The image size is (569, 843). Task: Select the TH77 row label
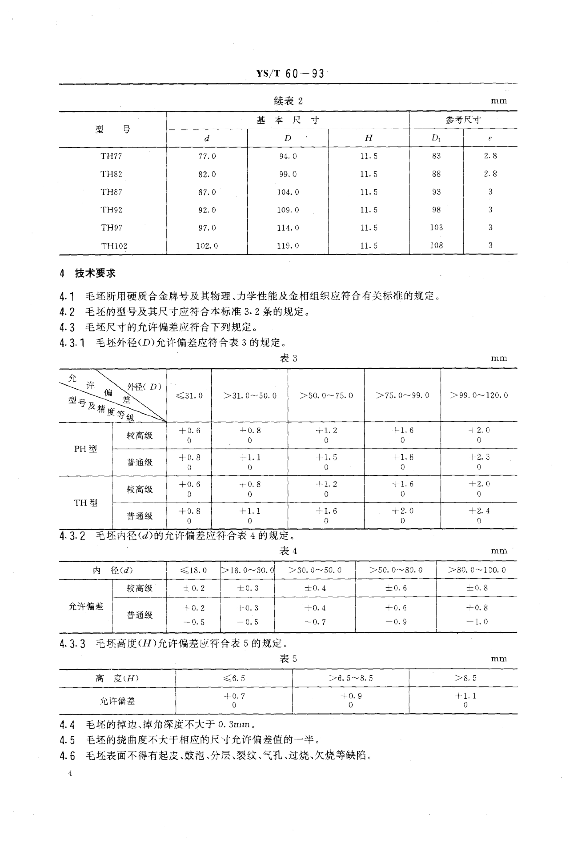[x=111, y=156]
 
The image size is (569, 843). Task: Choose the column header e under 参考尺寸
[x=490, y=138]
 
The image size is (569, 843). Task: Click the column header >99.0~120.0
[x=479, y=395]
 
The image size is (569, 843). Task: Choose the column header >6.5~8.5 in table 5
[x=350, y=678]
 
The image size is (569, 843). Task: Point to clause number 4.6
[x=67, y=756]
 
